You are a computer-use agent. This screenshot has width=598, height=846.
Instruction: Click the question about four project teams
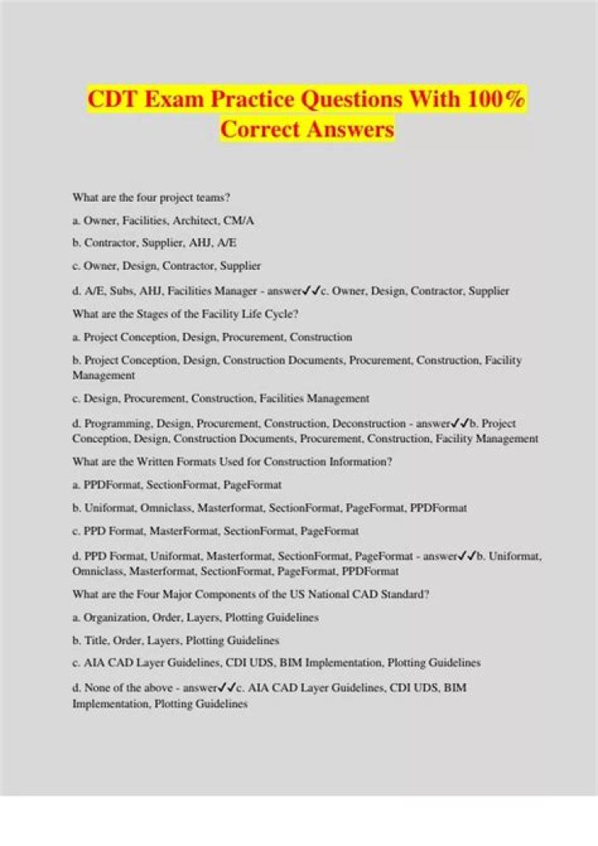151,198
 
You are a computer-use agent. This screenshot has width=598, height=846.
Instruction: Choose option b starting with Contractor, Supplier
154,244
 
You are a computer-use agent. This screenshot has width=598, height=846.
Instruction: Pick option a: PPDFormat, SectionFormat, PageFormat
177,485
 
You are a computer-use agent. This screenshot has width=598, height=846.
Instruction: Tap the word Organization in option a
113,618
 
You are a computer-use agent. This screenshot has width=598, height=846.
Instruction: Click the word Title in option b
96,641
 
